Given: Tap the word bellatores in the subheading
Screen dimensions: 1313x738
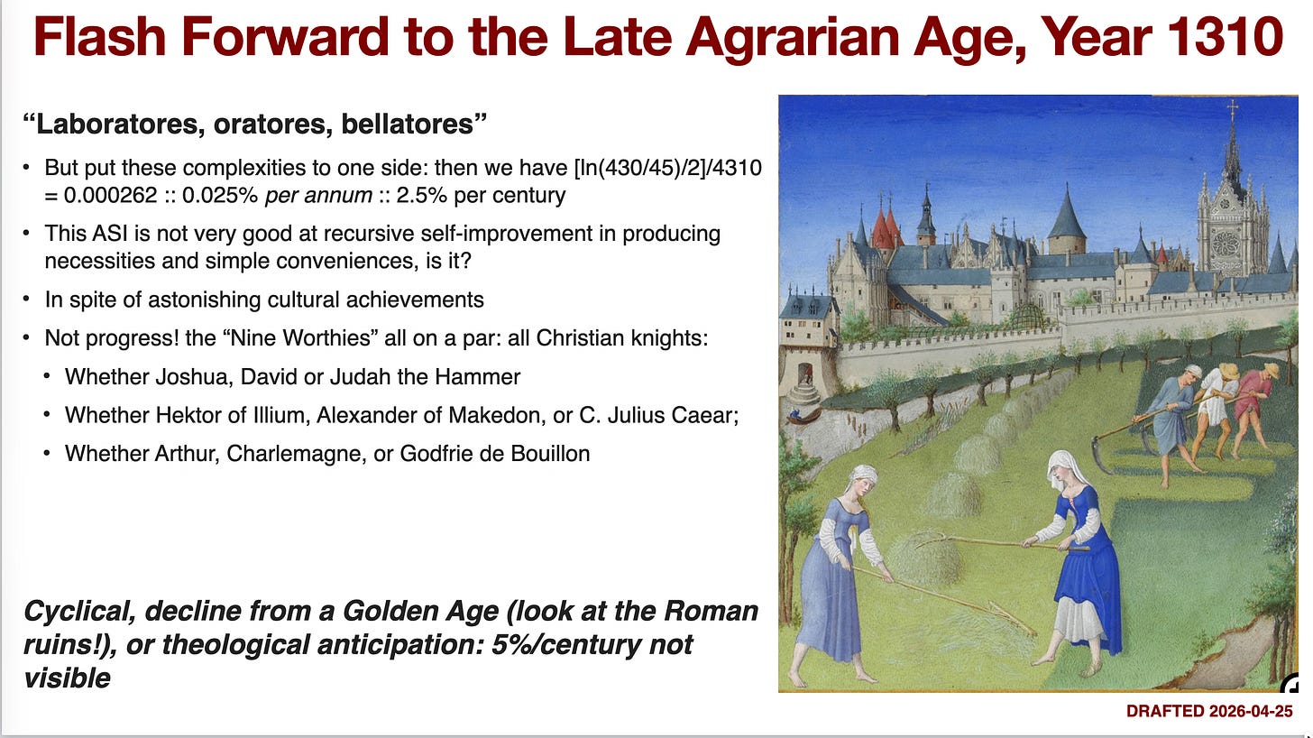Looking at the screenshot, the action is pyautogui.click(x=414, y=125).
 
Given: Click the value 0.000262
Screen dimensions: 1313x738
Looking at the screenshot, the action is pyautogui.click(x=110, y=196).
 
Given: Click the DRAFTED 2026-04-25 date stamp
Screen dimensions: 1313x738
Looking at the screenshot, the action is pyautogui.click(x=1209, y=712).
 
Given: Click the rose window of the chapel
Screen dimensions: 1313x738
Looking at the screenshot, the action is pyautogui.click(x=1225, y=241).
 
